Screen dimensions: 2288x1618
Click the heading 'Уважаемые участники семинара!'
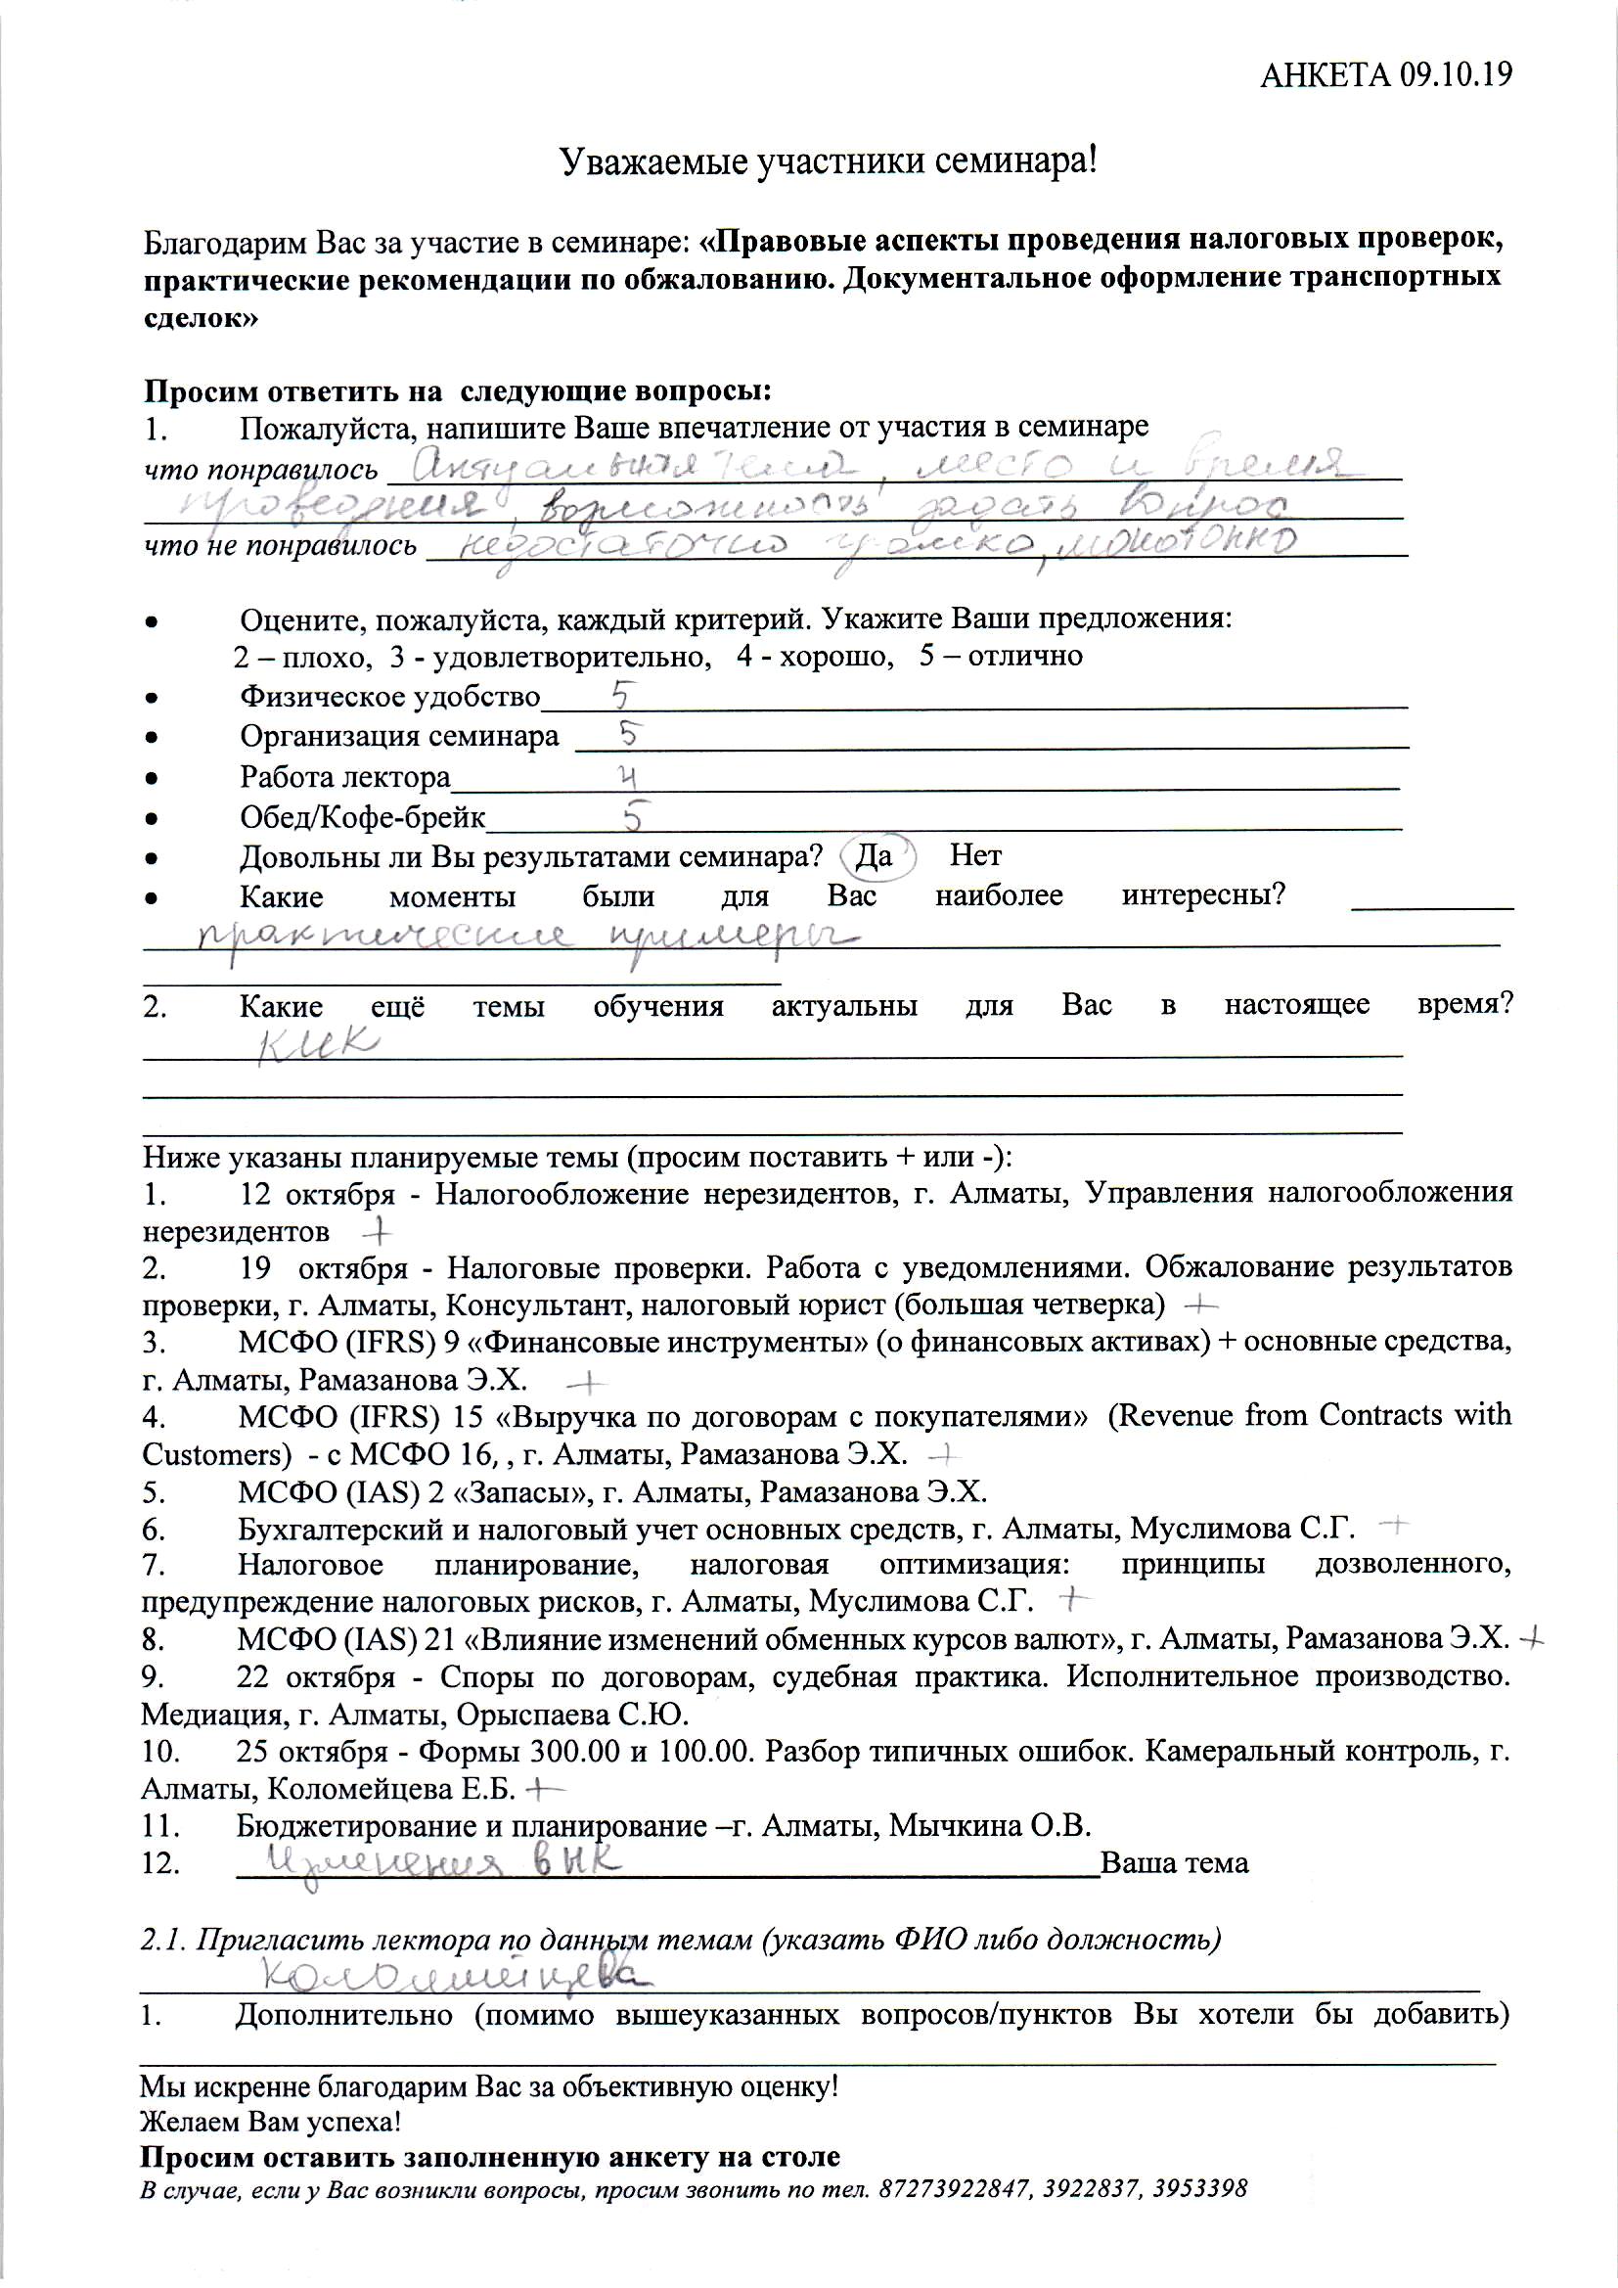[x=828, y=160]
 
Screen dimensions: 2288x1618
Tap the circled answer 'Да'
[x=876, y=856]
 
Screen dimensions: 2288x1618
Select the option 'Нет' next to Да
[x=975, y=855]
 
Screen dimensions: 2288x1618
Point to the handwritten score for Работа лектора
[x=629, y=776]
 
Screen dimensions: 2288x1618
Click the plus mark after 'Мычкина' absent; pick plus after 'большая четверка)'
[x=1203, y=1304]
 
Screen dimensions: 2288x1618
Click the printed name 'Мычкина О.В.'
[x=990, y=1827]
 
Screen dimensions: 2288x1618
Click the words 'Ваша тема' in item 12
[x=1175, y=1863]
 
